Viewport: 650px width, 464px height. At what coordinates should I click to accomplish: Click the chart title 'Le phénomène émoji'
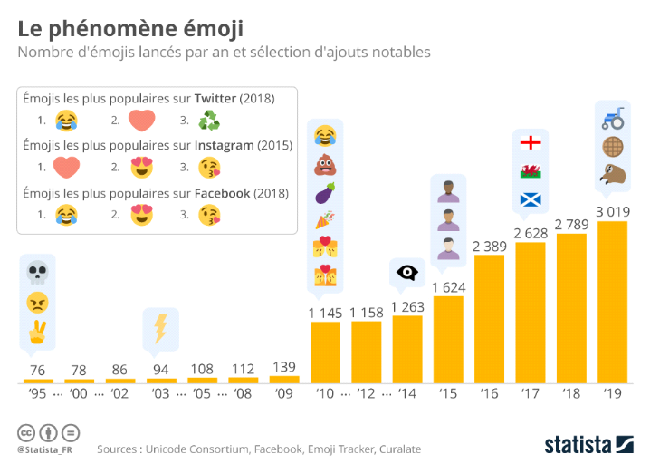click(129, 28)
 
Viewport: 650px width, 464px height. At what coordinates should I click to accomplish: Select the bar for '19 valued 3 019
click(612, 303)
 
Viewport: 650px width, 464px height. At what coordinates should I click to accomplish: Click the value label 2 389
click(489, 245)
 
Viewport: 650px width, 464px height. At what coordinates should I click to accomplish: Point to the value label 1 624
click(447, 286)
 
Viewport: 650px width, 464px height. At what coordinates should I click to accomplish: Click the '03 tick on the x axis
click(161, 395)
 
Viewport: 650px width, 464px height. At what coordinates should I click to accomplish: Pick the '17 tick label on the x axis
click(530, 395)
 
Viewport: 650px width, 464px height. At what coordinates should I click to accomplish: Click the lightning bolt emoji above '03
click(160, 327)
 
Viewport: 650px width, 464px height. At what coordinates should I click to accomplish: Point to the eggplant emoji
click(325, 193)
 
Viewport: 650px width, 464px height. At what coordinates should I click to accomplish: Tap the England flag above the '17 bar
click(531, 143)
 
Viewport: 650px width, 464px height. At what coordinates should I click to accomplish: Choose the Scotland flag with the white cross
click(531, 199)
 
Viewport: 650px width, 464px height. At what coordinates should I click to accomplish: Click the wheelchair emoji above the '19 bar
click(613, 118)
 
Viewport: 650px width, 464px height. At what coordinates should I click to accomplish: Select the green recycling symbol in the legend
click(209, 120)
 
